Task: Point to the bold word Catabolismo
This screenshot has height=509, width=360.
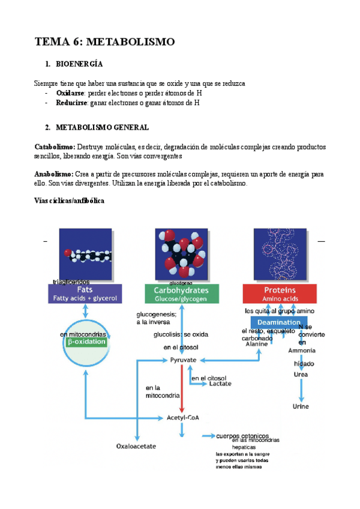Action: pos(55,147)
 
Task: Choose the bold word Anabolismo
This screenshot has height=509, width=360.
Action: pos(54,173)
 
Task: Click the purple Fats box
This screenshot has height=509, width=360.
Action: pos(85,294)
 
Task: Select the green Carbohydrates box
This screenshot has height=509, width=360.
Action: pos(182,294)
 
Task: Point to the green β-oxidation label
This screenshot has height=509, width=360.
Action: pos(87,342)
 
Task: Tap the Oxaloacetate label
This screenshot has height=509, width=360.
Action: pos(136,446)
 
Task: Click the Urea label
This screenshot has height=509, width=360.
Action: pos(301,375)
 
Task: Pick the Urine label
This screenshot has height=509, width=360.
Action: pos(301,406)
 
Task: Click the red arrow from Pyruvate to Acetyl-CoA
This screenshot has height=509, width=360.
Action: pos(181,388)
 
